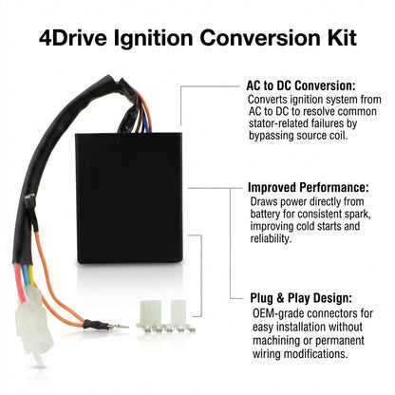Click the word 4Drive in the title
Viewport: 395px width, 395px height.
[73, 38]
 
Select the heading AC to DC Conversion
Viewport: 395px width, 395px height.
[301, 85]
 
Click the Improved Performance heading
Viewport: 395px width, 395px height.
[309, 187]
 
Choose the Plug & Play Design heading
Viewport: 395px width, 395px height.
[301, 298]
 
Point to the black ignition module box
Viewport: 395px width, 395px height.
[129, 197]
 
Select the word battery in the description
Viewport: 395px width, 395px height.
[265, 214]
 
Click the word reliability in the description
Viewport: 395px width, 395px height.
[270, 238]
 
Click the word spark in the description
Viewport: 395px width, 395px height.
[357, 214]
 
